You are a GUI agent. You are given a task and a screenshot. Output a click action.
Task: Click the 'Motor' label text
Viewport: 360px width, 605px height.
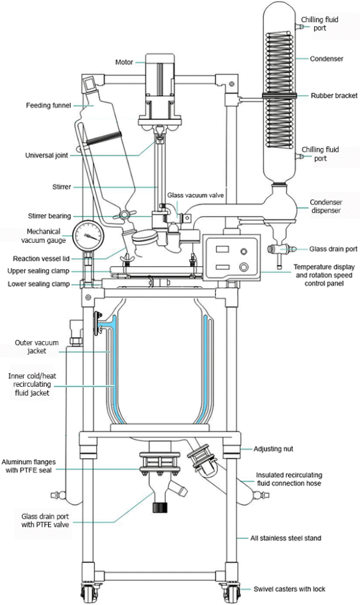tap(124, 62)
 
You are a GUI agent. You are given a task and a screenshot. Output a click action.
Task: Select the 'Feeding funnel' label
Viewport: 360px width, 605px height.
tap(47, 106)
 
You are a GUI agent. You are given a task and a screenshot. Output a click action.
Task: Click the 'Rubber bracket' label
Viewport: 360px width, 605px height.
tap(334, 95)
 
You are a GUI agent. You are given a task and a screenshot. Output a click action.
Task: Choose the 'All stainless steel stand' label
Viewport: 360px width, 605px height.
tap(285, 538)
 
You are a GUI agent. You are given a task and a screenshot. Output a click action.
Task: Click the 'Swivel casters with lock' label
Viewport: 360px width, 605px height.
tap(289, 589)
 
